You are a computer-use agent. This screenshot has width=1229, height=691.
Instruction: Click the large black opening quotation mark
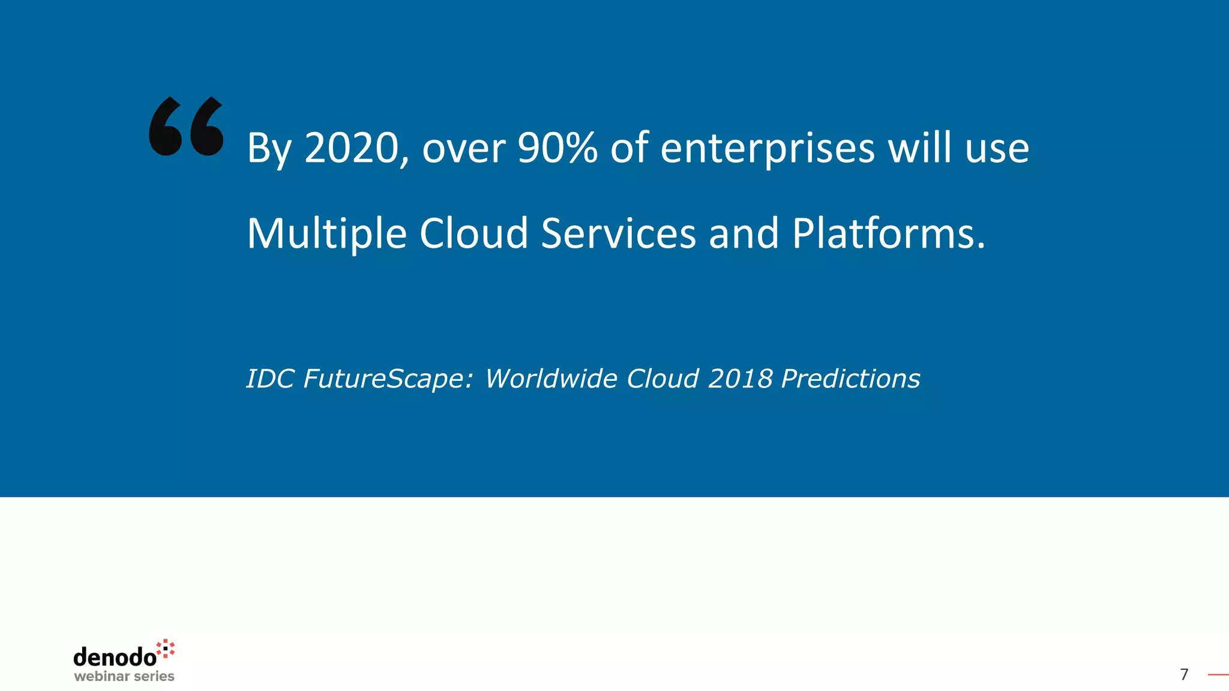(x=186, y=127)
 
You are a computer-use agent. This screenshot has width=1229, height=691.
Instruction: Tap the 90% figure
(x=557, y=148)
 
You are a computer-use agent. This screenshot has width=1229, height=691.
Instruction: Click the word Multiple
(x=327, y=234)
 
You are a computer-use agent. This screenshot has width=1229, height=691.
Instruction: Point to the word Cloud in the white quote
(x=473, y=233)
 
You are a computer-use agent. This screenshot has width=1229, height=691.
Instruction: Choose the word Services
(x=618, y=233)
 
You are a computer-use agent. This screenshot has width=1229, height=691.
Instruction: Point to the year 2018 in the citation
(x=740, y=379)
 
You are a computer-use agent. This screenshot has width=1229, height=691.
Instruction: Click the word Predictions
(x=850, y=379)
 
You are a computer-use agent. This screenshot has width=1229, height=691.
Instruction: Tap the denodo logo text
(x=115, y=657)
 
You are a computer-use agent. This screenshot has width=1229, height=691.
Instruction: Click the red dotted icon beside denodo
(x=166, y=648)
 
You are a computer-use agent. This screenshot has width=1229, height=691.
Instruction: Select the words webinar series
(x=124, y=677)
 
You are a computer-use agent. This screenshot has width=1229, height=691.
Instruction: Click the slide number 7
(x=1184, y=675)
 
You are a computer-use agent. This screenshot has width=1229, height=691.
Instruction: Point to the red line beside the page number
(x=1218, y=675)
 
